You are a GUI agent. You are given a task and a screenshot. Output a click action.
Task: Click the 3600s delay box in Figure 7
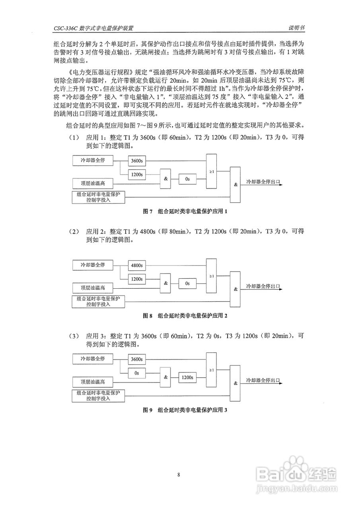click(x=136, y=162)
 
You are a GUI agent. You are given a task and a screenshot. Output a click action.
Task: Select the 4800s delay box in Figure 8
click(x=136, y=265)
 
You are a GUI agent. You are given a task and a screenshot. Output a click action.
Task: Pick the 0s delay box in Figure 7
click(x=187, y=179)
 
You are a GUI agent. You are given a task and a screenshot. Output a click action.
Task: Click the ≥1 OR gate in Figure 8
click(x=212, y=276)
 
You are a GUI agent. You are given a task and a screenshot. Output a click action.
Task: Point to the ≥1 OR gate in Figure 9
click(x=212, y=370)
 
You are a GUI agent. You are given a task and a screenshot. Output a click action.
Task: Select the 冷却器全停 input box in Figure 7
click(x=93, y=160)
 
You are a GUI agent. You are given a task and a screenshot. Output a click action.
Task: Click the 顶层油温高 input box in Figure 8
click(x=93, y=288)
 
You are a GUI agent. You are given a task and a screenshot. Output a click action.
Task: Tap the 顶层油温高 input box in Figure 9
click(x=93, y=382)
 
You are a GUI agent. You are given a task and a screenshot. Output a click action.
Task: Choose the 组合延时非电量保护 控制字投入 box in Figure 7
click(x=98, y=197)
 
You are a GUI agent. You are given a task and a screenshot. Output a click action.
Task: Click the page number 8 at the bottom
click(x=179, y=474)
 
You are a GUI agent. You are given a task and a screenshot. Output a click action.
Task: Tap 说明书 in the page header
click(x=297, y=28)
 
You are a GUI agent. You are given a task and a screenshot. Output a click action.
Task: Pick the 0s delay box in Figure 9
click(x=136, y=373)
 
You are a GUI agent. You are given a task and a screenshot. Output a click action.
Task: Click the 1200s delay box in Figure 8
click(x=136, y=279)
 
